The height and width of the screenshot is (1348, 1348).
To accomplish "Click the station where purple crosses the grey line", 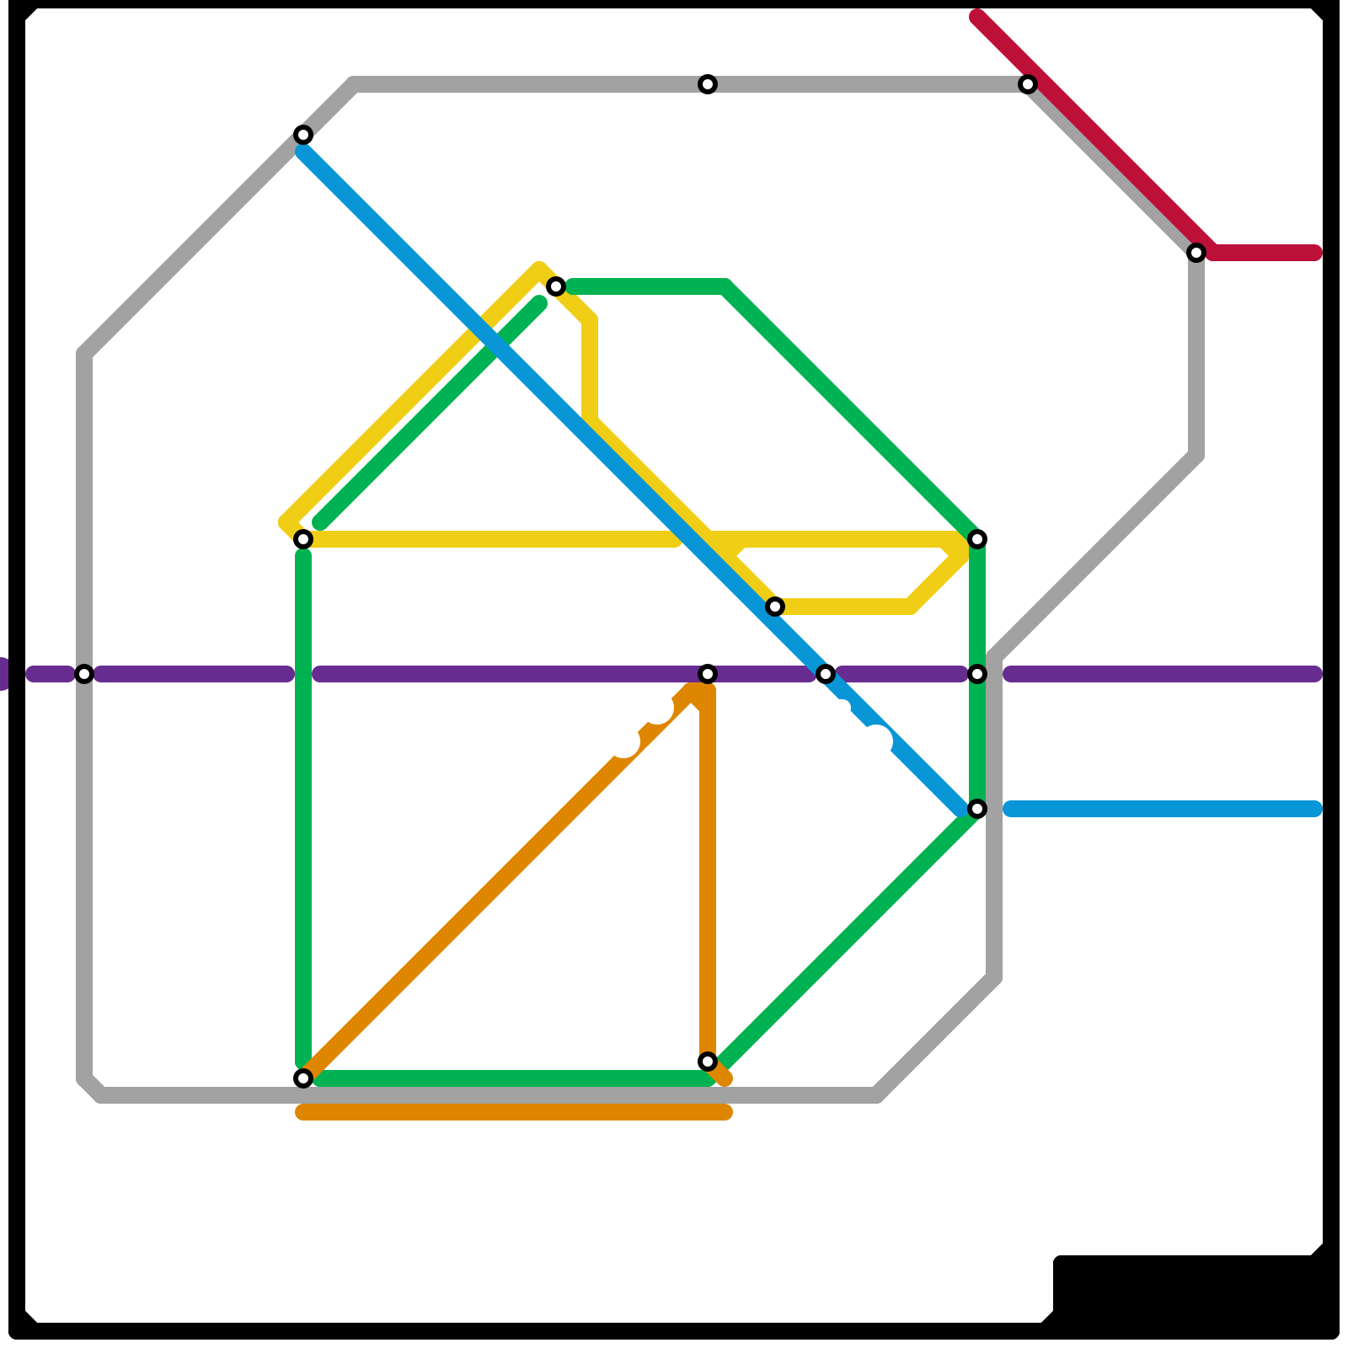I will [x=84, y=674].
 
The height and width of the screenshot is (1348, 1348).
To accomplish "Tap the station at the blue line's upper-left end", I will [x=303, y=135].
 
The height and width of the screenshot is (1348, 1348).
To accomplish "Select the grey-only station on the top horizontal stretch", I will [x=708, y=84].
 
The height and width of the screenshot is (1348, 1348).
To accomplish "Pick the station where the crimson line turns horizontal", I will [x=1196, y=253].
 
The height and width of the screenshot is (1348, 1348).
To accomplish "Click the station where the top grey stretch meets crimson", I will [x=1028, y=84].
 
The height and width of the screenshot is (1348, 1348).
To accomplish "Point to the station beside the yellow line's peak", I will [x=556, y=286].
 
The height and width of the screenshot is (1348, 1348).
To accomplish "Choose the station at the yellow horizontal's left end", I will [x=303, y=539].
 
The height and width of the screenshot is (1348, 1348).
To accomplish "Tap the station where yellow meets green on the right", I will [x=977, y=539].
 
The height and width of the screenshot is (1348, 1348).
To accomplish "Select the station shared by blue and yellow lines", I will [x=775, y=607].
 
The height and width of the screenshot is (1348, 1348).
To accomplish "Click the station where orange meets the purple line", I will [x=708, y=674].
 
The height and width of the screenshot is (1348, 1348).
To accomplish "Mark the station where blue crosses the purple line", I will [x=826, y=674].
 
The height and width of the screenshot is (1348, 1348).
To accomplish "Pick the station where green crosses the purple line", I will [x=977, y=674].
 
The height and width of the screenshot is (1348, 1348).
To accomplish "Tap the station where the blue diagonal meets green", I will [x=977, y=809].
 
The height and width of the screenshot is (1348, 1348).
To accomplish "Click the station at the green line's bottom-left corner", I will [x=303, y=1078].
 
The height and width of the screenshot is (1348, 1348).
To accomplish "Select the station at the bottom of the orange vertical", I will [x=708, y=1062].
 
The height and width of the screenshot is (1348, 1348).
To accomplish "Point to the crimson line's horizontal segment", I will [x=1264, y=253].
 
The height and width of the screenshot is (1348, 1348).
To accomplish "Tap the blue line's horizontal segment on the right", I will [x=1163, y=809].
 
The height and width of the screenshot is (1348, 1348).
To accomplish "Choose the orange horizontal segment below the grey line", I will [x=514, y=1113].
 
